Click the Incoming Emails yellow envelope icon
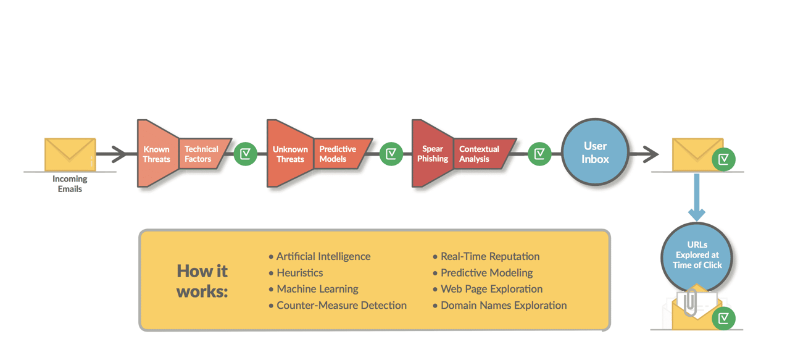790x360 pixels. click(70, 154)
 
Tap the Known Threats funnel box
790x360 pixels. click(157, 154)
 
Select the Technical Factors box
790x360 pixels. click(201, 154)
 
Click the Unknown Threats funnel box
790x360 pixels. click(290, 154)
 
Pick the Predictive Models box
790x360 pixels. click(338, 154)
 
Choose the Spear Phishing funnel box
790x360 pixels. click(432, 154)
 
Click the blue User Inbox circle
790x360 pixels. click(595, 153)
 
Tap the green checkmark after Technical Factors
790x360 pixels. click(245, 153)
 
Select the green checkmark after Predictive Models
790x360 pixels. click(391, 153)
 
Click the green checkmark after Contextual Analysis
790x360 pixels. click(539, 153)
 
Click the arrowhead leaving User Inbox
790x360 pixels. click(651, 154)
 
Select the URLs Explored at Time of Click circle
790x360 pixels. click(697, 254)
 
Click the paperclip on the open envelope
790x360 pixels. click(690, 303)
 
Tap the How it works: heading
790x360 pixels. click(202, 281)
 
